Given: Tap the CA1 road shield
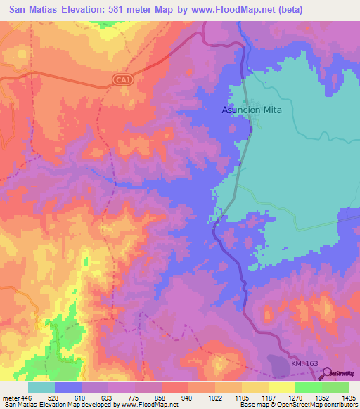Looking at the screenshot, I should (124, 82).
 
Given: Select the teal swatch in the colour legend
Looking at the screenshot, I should (41, 387).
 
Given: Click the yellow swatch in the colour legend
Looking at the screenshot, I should (282, 387).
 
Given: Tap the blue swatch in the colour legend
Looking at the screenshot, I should (68, 387).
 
